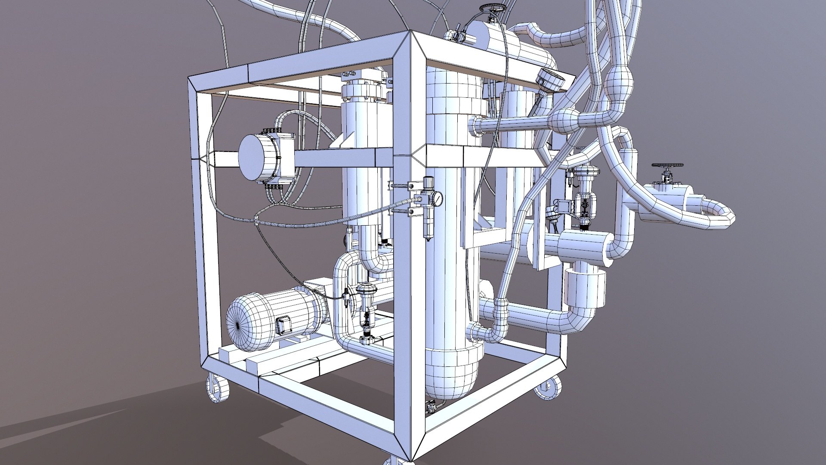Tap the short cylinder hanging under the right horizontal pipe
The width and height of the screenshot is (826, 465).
[x=585, y=286]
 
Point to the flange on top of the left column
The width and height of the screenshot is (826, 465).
[x=363, y=93]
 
